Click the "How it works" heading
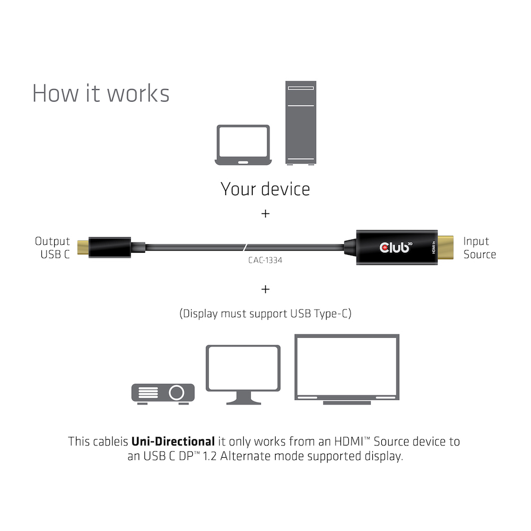point(101,93)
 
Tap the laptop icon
point(243,144)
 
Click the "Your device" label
point(265,189)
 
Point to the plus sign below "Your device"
point(265,213)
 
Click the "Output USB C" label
point(53,248)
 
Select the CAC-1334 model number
point(265,260)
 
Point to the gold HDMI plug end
point(444,247)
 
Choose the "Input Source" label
point(479,248)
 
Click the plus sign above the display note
point(265,289)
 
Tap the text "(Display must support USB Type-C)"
point(265,314)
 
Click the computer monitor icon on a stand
point(243,374)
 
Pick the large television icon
point(347,369)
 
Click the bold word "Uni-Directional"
point(173,441)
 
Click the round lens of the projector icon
point(177,393)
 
